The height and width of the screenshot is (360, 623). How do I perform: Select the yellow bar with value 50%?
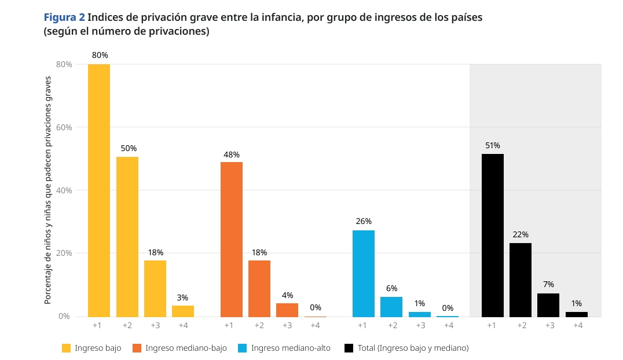coord(127,237)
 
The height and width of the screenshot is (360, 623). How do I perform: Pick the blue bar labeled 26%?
coord(363,273)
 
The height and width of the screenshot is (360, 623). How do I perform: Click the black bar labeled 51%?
coord(492,235)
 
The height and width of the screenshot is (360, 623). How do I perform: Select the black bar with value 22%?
coord(521,280)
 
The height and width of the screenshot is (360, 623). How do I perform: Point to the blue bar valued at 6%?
coord(391,307)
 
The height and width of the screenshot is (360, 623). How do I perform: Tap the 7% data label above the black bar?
coord(548,284)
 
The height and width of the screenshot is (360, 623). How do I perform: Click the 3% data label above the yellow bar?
coord(182,297)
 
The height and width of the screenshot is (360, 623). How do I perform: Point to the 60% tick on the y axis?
coord(64,127)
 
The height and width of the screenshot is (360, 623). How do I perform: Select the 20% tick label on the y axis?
coord(64,253)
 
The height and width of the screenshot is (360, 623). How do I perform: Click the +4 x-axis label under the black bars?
coord(577,326)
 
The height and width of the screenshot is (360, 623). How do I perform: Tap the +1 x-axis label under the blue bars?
coord(362,326)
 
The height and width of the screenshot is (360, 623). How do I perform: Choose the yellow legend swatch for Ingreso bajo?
coord(67,348)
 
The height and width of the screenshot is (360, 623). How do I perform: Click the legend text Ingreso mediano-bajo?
coord(186,348)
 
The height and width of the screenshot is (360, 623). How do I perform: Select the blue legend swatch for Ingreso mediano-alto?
coord(243,348)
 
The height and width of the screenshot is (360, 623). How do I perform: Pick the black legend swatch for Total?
coord(349,348)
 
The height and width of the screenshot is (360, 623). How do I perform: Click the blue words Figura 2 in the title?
coord(64,17)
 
